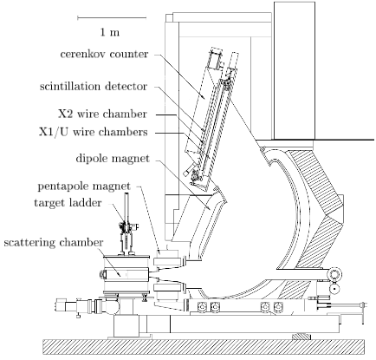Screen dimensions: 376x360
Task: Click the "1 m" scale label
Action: [110, 32]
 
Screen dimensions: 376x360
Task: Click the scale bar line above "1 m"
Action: [112, 18]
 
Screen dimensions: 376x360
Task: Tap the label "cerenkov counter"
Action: [104, 54]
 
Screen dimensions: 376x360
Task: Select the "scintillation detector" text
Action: [94, 87]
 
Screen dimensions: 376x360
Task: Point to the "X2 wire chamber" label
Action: [102, 114]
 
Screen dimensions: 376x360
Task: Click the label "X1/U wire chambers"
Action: [94, 132]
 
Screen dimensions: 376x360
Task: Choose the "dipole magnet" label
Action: [113, 159]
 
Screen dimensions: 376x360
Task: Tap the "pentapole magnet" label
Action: [84, 187]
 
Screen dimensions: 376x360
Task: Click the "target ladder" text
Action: [68, 203]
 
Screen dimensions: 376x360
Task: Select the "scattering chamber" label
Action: [54, 242]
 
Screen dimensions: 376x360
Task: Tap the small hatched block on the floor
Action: [301, 337]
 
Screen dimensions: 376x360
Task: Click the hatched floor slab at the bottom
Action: [204, 347]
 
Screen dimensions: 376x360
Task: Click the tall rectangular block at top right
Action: [295, 71]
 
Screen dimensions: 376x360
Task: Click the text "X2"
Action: [66, 114]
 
